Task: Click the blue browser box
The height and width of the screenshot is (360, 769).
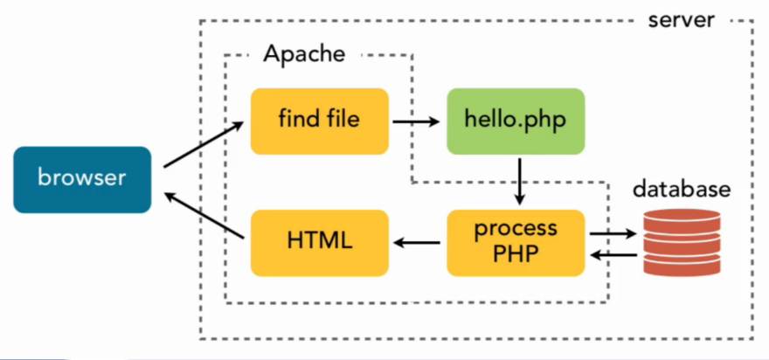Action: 82,179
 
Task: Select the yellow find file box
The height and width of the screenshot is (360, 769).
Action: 319,121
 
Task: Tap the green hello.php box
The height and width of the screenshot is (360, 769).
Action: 515,121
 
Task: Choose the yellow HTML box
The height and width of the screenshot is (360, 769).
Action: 319,242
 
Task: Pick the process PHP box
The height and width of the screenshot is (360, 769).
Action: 515,242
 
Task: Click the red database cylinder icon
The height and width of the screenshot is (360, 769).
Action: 682,243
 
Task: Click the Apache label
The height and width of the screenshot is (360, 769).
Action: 303,54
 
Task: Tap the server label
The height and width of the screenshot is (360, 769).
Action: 681,18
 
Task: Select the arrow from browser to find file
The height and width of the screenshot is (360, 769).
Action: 204,145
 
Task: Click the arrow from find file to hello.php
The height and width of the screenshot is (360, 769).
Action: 416,121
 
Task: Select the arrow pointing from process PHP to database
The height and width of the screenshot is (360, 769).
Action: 613,233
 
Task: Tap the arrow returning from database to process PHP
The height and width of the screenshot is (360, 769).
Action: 613,254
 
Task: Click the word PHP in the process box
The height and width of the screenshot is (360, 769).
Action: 515,254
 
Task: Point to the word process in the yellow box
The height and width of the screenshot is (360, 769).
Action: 515,230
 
